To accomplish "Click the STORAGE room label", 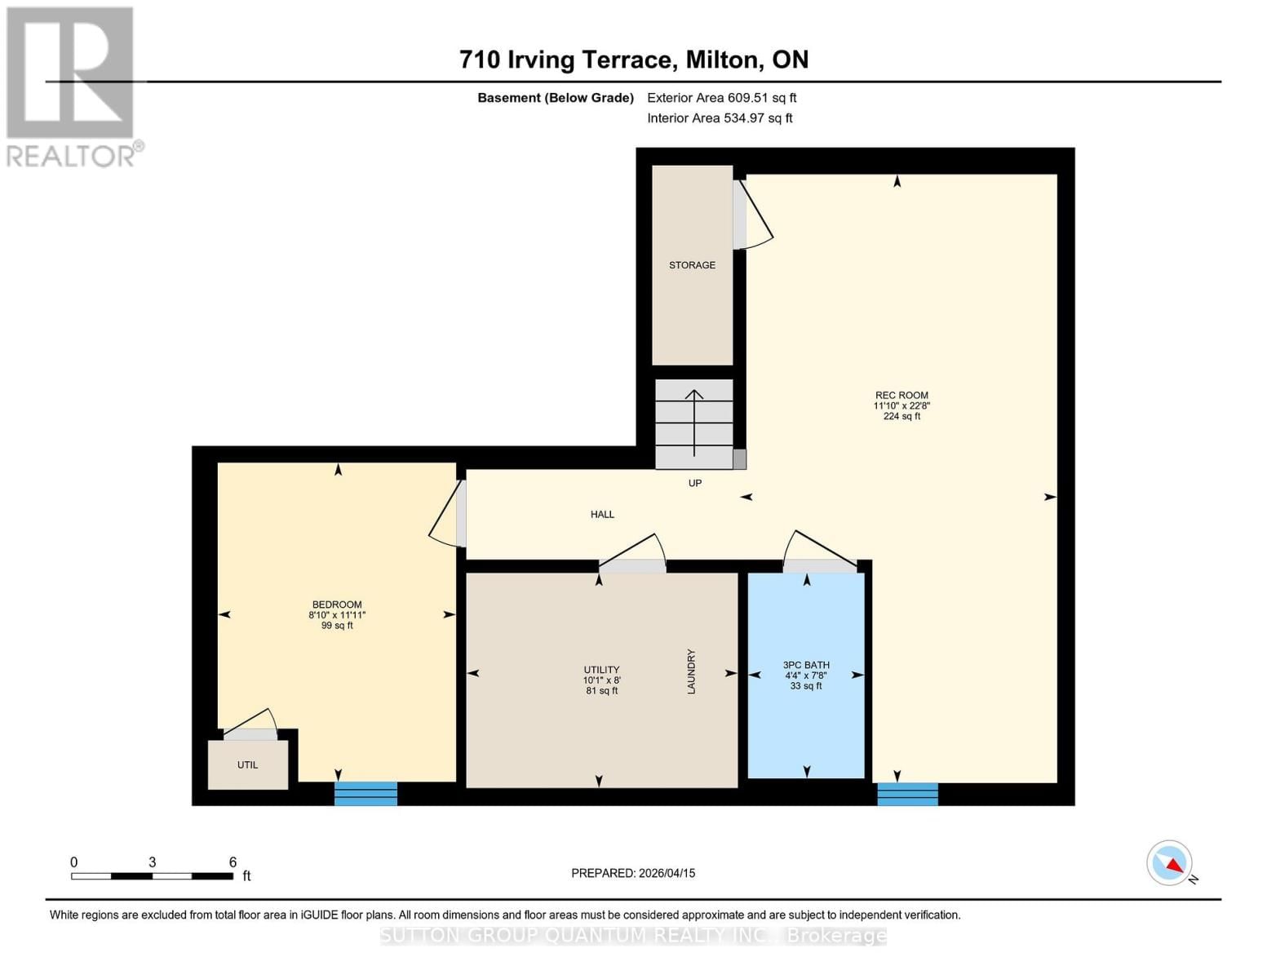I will (692, 265).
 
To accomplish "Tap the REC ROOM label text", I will (902, 396).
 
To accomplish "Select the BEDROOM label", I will (337, 605).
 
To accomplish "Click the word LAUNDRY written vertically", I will (691, 671).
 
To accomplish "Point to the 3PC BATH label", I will (806, 665).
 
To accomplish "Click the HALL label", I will (602, 514).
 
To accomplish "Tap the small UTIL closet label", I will (247, 765).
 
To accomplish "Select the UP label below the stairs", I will (695, 483).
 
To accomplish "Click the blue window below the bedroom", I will (365, 793).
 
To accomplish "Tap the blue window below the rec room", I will (907, 794).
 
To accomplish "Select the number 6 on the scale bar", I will (233, 862).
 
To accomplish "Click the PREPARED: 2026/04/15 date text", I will (633, 873).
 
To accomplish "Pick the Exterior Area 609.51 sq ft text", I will (721, 98).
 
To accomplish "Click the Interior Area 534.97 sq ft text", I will (720, 118).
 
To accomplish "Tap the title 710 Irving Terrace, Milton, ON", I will (634, 60).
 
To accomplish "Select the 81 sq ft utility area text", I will (602, 691).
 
